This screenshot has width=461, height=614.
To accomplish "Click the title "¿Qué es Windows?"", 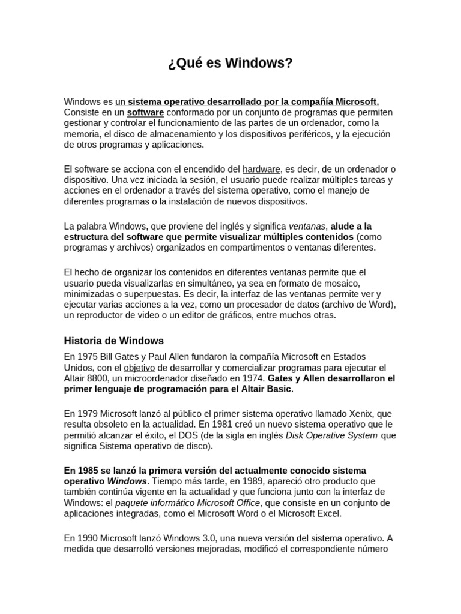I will click(x=230, y=64).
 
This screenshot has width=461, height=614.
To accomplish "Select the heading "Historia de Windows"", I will click(x=113, y=341).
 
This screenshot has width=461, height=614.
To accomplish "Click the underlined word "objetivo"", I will click(x=139, y=368).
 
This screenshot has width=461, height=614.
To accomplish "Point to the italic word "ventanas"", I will click(x=307, y=226).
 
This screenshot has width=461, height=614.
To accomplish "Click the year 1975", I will click(x=87, y=357).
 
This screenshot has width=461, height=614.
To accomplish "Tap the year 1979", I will click(x=87, y=413).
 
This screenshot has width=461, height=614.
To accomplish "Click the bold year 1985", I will click(x=89, y=470).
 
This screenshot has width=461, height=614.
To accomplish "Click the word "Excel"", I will click(x=327, y=513).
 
